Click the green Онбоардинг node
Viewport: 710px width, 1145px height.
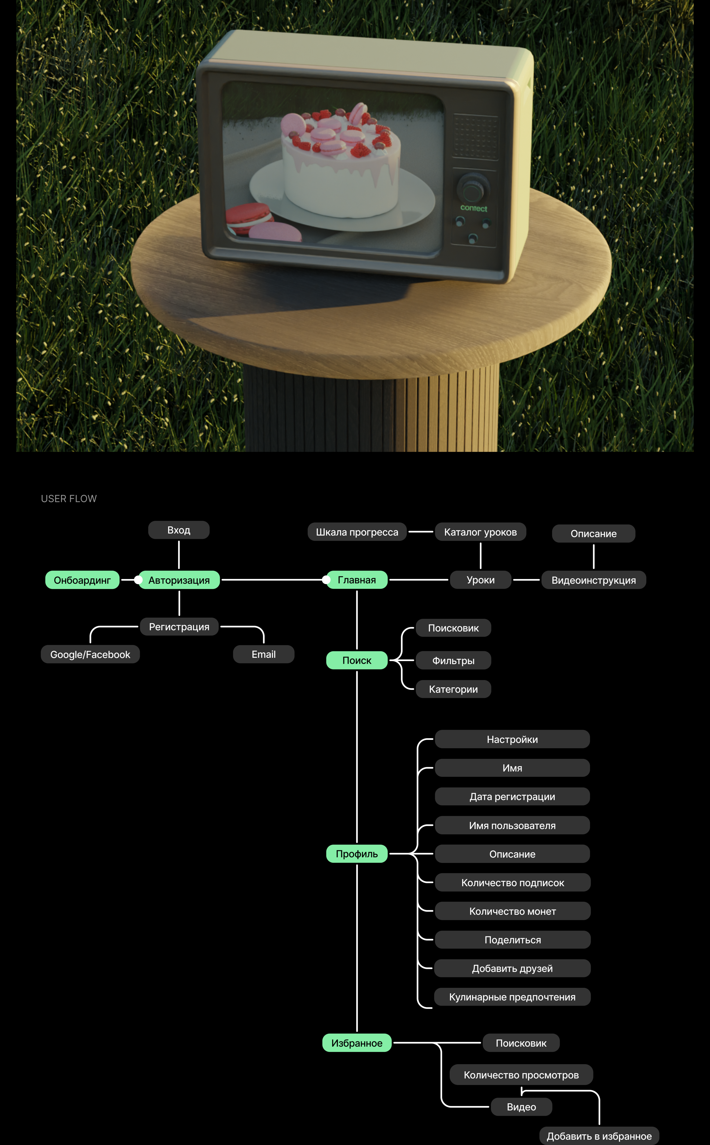(x=82, y=580)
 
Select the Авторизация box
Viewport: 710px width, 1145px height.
(x=179, y=580)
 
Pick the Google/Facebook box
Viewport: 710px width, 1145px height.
(x=90, y=654)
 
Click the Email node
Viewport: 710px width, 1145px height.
(x=263, y=654)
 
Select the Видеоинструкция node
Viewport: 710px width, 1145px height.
(x=594, y=580)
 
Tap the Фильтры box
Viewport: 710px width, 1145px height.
(x=453, y=660)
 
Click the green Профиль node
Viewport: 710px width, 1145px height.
(x=357, y=853)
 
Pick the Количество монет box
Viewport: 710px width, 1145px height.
(x=512, y=911)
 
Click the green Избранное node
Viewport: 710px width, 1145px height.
(x=357, y=1043)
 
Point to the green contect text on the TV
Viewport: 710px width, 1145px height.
(x=473, y=208)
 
